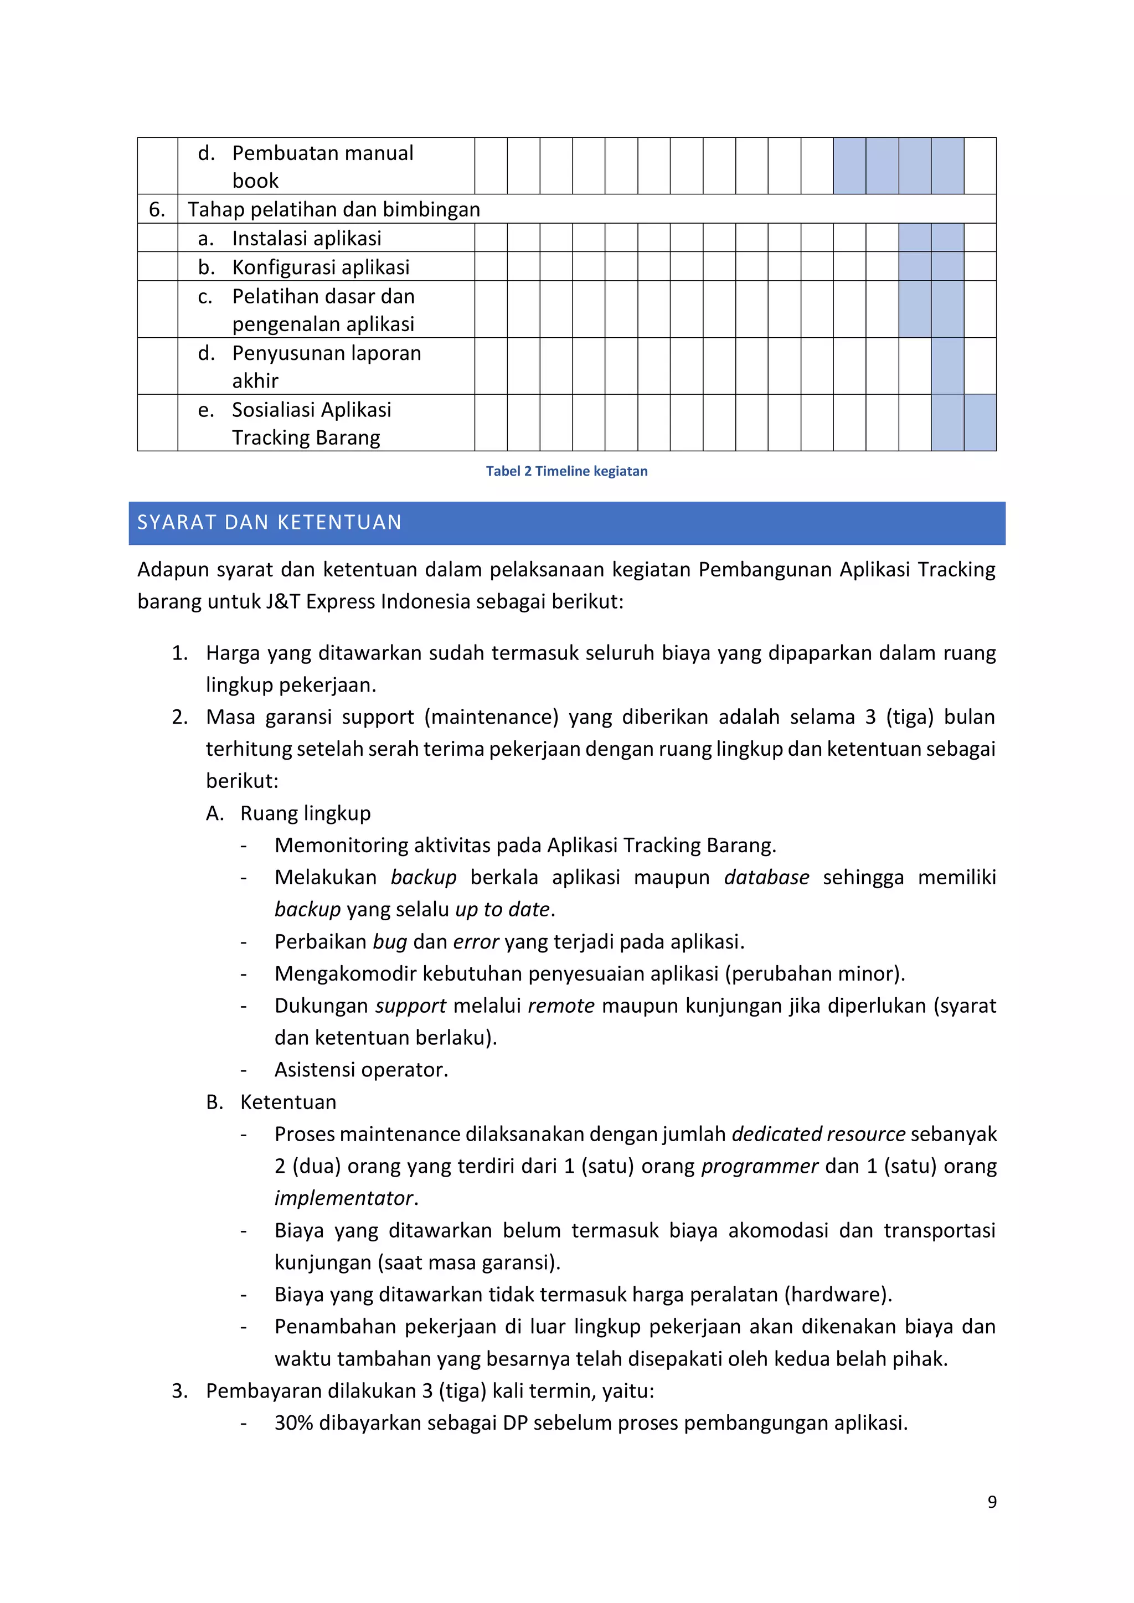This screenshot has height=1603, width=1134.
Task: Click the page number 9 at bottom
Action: pyautogui.click(x=992, y=1502)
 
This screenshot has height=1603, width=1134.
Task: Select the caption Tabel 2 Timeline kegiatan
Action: pyautogui.click(x=566, y=471)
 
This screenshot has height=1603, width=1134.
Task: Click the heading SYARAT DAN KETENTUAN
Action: pyautogui.click(x=269, y=522)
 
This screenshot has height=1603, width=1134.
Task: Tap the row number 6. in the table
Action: pyautogui.click(x=157, y=209)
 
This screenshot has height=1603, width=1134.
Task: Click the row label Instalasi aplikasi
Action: pyautogui.click(x=307, y=239)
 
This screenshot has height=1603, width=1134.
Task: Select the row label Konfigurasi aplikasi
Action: pyautogui.click(x=321, y=267)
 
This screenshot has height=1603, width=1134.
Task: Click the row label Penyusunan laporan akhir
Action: pyautogui.click(x=326, y=367)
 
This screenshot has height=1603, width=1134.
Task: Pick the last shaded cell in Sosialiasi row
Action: pyautogui.click(x=980, y=423)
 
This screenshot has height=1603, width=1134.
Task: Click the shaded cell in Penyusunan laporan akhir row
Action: pyautogui.click(x=947, y=367)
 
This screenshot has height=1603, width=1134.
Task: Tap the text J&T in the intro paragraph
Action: pyautogui.click(x=282, y=602)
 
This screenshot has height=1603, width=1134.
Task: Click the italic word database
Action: pyautogui.click(x=766, y=878)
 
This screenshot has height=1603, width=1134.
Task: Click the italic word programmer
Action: pyautogui.click(x=759, y=1166)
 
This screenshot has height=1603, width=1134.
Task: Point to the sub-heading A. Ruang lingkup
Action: pyautogui.click(x=288, y=813)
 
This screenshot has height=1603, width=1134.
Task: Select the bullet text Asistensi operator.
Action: pyautogui.click(x=361, y=1070)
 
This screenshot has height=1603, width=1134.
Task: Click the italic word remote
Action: pyautogui.click(x=561, y=1006)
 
